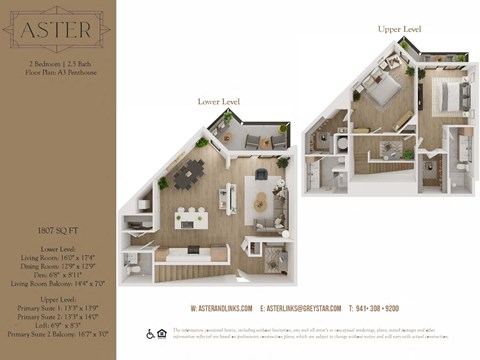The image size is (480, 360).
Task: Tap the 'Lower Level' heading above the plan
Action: point(219,102)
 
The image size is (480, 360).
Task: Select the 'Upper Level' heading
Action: point(398,29)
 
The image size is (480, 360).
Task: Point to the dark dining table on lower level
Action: point(189,176)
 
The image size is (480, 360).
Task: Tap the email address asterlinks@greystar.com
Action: point(301,308)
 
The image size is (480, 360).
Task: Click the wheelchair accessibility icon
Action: point(149,334)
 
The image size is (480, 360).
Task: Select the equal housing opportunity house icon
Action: point(161,334)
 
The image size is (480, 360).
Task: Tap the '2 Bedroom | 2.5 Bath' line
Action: point(56,63)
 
